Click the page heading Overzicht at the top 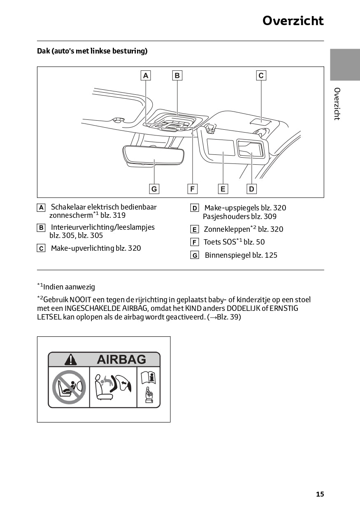click(293, 21)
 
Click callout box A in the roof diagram click(146, 75)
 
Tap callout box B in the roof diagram click(177, 75)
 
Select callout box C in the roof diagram click(261, 75)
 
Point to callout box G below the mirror click(154, 189)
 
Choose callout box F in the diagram click(192, 189)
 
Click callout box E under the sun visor click(223, 189)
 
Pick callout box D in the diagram click(251, 189)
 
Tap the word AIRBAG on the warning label click(121, 359)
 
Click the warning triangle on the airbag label click(71, 359)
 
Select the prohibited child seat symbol click(69, 387)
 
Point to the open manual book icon click(148, 377)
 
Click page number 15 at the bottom click(320, 494)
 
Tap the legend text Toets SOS click(220, 242)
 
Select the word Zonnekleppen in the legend click(227, 229)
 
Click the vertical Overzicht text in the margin click(337, 104)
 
